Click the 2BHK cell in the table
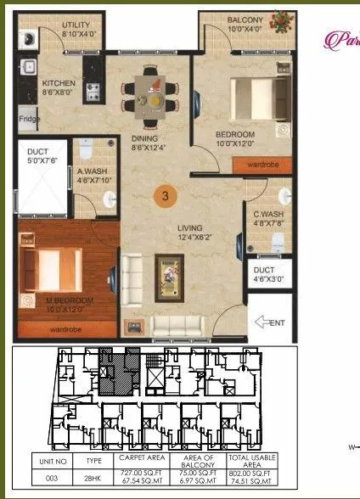(93, 478)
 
